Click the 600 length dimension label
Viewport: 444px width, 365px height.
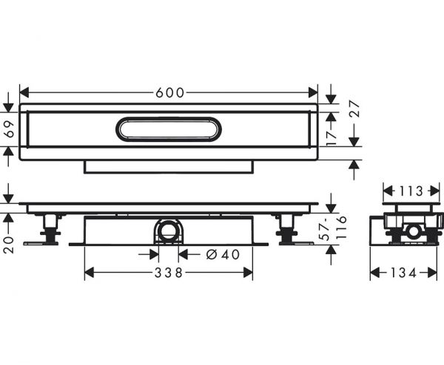pos(170,93)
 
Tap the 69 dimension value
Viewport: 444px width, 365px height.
pos(10,129)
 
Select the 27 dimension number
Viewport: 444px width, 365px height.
pos(354,109)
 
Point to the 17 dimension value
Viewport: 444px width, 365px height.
pos(332,137)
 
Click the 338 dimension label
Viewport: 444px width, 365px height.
pos(169,273)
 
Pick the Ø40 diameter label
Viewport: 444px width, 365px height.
pos(223,255)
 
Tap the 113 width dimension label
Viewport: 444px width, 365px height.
pos(411,191)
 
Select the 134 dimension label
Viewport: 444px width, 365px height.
pos(404,273)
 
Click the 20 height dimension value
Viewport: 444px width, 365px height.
pos(9,245)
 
